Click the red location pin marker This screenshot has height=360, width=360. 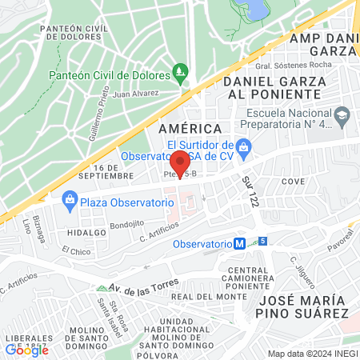pyautogui.click(x=180, y=161)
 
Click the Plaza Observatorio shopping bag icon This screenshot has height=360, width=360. pyautogui.click(x=70, y=199)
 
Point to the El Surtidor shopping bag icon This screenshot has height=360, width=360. pyautogui.click(x=246, y=146)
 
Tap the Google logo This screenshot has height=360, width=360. pyautogui.click(x=26, y=350)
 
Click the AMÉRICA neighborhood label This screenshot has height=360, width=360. pyautogui.click(x=190, y=129)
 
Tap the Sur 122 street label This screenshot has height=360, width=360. pyautogui.click(x=249, y=191)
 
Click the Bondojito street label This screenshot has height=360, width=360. pyautogui.click(x=126, y=225)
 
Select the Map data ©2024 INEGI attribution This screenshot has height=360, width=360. pyautogui.click(x=312, y=353)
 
